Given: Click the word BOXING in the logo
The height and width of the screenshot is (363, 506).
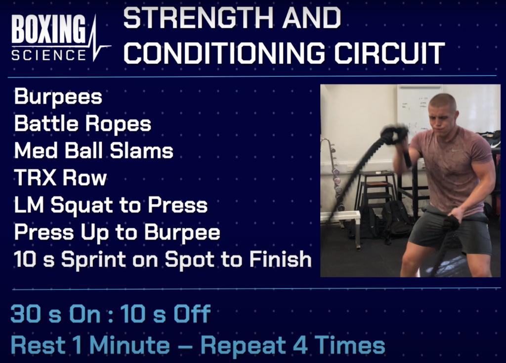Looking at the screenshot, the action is click(48, 29).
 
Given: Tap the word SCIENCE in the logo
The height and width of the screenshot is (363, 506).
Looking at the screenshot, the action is click(49, 55).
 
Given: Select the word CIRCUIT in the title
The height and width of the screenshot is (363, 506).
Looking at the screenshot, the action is click(389, 53).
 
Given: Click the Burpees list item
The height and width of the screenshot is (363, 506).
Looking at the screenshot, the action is click(58, 97).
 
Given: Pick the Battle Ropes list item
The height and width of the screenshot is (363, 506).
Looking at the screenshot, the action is click(83, 124).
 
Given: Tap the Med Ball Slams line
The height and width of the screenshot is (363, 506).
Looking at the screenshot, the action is click(93, 150).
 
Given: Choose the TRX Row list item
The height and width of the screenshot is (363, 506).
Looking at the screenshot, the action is click(60, 178).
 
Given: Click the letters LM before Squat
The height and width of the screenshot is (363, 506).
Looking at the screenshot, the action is click(29, 205).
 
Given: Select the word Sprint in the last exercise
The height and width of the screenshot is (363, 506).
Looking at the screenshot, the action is click(93, 259).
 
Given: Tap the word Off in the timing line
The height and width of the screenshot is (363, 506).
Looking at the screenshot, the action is click(192, 313).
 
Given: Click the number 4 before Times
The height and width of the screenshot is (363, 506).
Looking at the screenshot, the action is click(300, 345).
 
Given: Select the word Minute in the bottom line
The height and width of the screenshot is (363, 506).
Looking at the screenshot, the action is click(130, 345).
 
